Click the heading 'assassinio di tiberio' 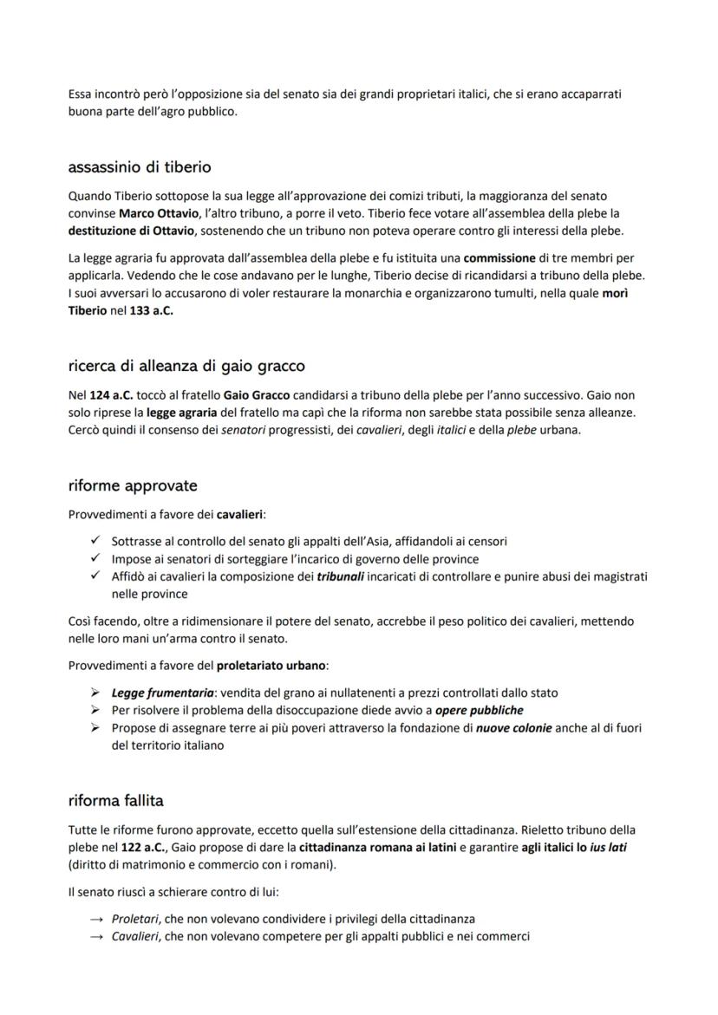139,166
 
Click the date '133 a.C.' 151,311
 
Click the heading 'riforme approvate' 133,485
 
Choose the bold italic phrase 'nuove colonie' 513,728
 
